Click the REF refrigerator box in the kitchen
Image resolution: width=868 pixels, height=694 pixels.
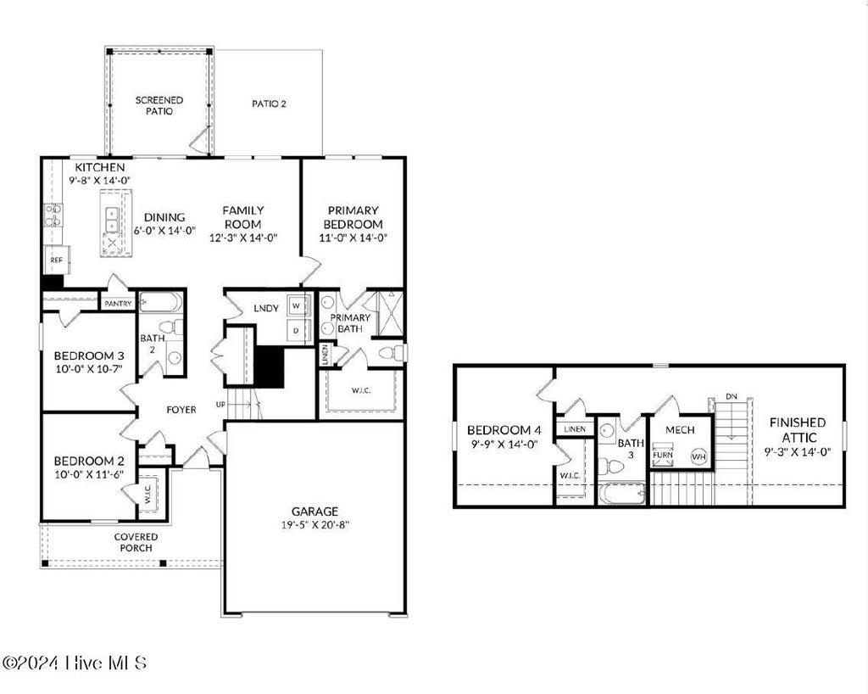pos(57,260)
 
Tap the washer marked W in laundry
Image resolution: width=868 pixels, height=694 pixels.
pos(297,305)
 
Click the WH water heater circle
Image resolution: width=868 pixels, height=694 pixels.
pos(698,457)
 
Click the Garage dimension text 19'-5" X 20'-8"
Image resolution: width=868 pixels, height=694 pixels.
pos(315,525)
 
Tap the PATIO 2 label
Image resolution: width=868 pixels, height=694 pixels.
pos(269,104)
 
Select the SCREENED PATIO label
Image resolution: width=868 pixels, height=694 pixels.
pos(159,105)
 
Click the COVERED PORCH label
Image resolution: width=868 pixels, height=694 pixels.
pos(136,542)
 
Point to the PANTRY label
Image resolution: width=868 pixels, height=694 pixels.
pos(118,304)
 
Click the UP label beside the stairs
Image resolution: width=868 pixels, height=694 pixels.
pos(220,405)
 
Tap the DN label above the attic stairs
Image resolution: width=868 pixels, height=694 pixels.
pos(732,396)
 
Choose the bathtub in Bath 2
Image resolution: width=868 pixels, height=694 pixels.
pos(160,302)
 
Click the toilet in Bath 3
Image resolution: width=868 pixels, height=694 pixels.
pos(609,467)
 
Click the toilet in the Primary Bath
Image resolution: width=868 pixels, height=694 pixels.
pos(392,353)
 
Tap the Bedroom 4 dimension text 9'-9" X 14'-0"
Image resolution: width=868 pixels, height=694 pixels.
pos(503,444)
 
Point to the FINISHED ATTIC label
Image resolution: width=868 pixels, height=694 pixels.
pos(798,430)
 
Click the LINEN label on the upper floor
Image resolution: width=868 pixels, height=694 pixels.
pos(575,428)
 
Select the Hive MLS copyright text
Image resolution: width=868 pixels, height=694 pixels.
pos(75,663)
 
